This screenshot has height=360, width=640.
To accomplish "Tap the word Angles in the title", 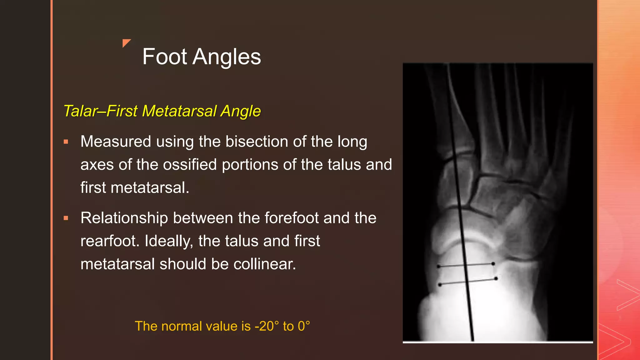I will point(227,57).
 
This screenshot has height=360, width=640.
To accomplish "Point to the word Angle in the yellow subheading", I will point(241,111).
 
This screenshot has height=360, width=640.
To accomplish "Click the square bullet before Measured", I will point(66,142).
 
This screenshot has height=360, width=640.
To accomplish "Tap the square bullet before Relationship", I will point(66,218).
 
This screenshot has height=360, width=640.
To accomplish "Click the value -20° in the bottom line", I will point(267,326).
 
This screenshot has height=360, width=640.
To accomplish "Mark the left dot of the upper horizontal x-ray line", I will point(438,266).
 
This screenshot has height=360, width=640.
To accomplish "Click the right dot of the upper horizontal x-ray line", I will point(493,264).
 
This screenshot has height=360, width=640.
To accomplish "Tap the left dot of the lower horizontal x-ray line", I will point(440,285).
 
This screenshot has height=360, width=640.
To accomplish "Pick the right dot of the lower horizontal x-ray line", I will point(496,278).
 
